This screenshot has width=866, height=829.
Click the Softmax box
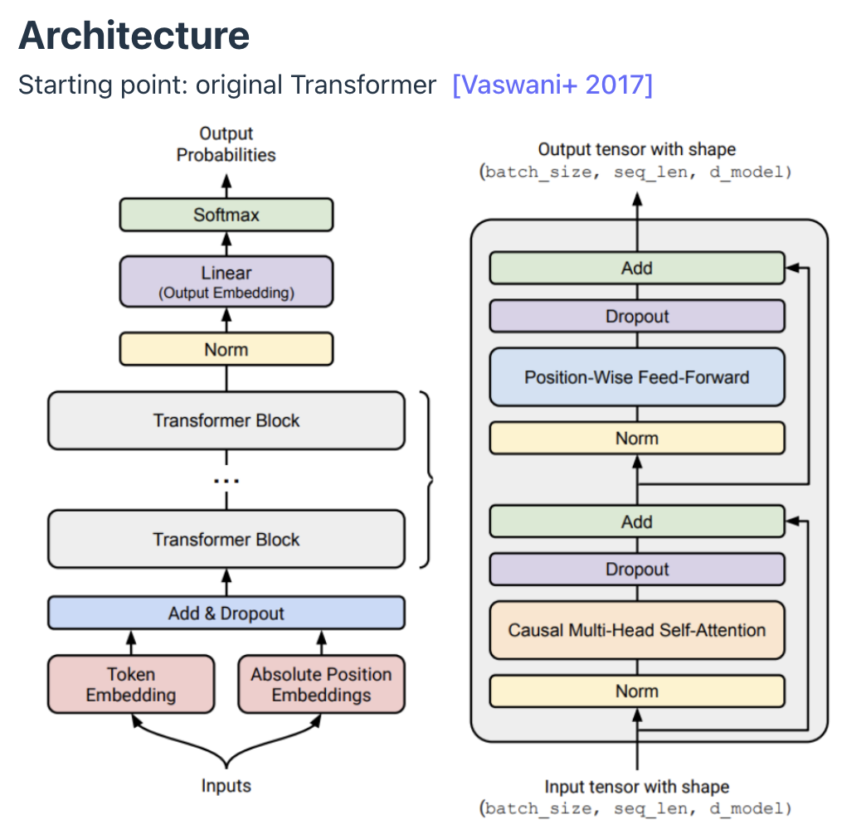coord(226,215)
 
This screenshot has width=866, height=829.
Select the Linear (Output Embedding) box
coord(226,281)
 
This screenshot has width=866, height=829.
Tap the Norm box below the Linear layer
coord(226,350)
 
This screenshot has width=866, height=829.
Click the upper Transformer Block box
coord(226,420)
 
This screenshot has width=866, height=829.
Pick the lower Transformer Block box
coord(226,540)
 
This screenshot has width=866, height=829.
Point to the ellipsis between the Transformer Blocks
coord(226,480)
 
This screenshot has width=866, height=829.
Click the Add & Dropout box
coord(226,613)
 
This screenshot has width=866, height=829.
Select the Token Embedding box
coord(131,685)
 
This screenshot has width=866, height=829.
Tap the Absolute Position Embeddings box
coord(321,685)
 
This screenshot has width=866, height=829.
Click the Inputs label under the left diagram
coord(226,785)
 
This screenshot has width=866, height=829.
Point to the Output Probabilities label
coord(226,144)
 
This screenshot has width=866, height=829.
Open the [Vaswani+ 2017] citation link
coord(552,85)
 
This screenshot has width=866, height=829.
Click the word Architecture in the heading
coord(134,36)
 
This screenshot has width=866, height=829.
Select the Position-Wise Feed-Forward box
coord(637,377)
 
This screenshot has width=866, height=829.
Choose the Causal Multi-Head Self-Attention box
coord(637,630)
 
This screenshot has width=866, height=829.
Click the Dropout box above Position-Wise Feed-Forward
coord(637,316)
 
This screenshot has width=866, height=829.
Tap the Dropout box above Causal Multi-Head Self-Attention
coord(637,570)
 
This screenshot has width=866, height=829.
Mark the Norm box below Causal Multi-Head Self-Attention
coord(637,691)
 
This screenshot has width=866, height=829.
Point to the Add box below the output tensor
coord(637,268)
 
